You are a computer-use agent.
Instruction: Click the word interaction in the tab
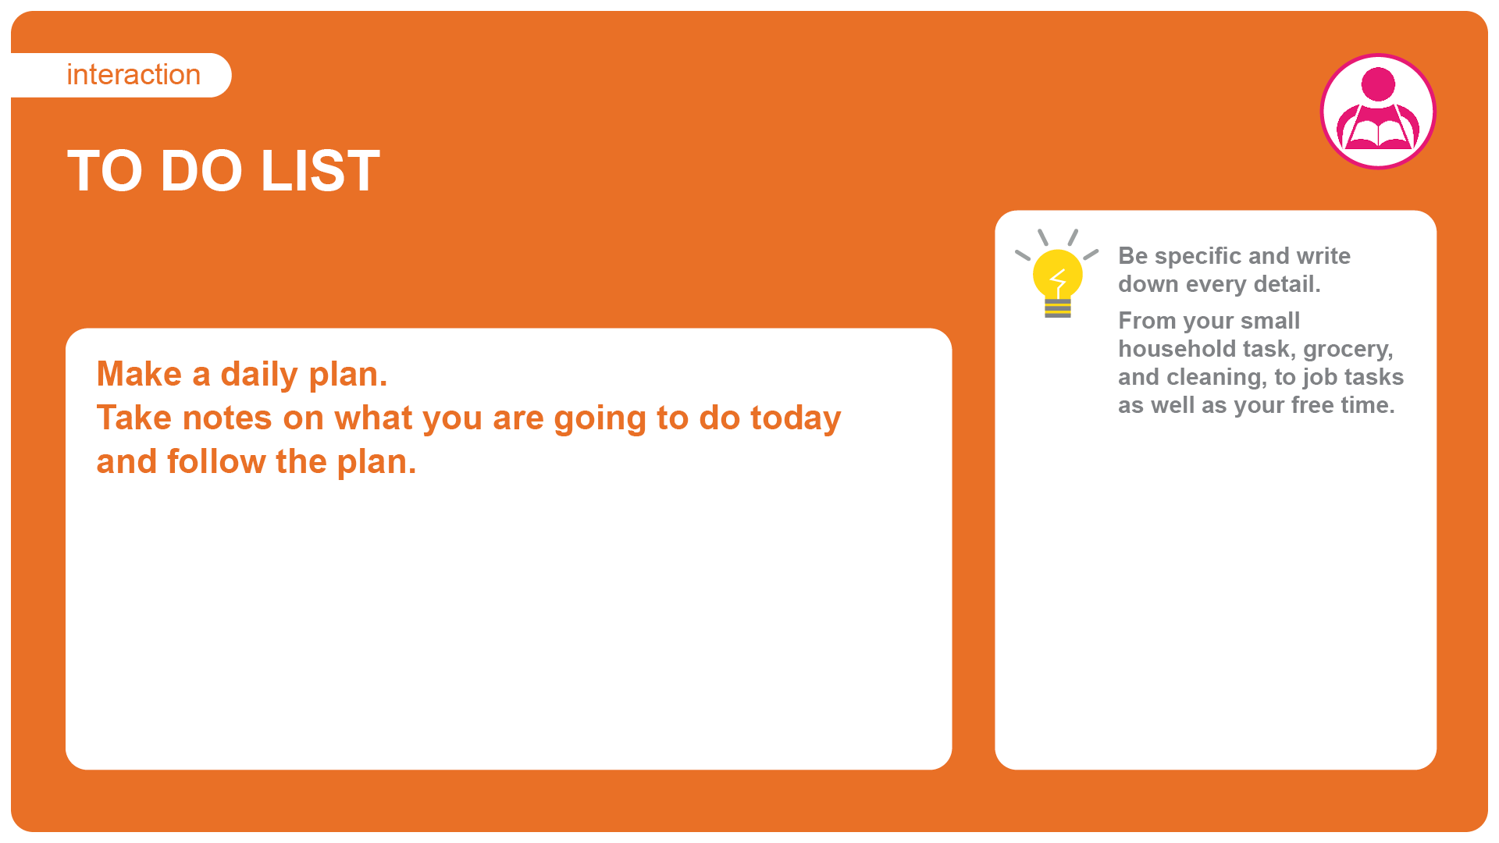click(134, 75)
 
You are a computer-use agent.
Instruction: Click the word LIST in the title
click(320, 171)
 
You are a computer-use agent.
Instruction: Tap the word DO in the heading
click(201, 171)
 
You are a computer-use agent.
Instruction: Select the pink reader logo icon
click(1378, 111)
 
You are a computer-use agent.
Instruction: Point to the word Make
click(139, 374)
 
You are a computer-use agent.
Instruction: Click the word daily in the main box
click(259, 375)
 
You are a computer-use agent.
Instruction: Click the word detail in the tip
click(1287, 284)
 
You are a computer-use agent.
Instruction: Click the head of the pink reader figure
click(1378, 84)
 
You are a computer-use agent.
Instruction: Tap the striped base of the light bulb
click(1058, 308)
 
